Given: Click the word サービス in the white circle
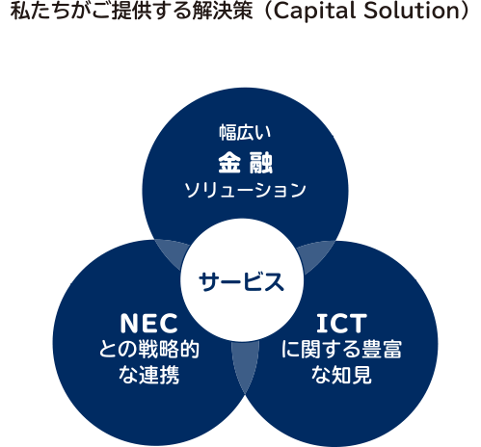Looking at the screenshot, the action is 242,282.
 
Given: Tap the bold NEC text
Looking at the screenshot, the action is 149,324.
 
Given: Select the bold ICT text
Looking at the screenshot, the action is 341,324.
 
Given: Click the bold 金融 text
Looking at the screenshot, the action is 245,163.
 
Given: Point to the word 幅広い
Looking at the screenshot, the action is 245,132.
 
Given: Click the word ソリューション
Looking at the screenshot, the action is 245,190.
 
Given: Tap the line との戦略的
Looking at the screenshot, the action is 149,349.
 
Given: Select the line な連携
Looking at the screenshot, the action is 149,375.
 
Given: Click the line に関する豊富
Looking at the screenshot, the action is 341,349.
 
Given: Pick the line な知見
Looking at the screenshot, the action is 341,375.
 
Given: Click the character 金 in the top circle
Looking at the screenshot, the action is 229,163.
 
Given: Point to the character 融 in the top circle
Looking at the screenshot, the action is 261,163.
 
